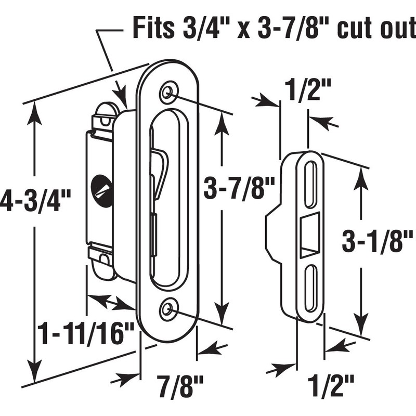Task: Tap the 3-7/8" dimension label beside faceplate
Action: (238, 188)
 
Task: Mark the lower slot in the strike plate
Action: (310, 286)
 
